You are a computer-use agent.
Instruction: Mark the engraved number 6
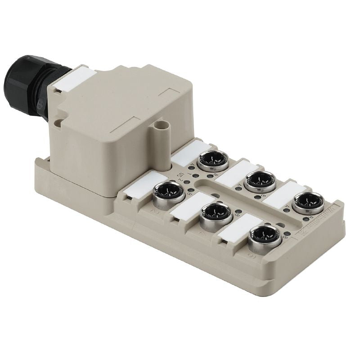251,255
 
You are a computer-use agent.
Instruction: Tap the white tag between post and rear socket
186,152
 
